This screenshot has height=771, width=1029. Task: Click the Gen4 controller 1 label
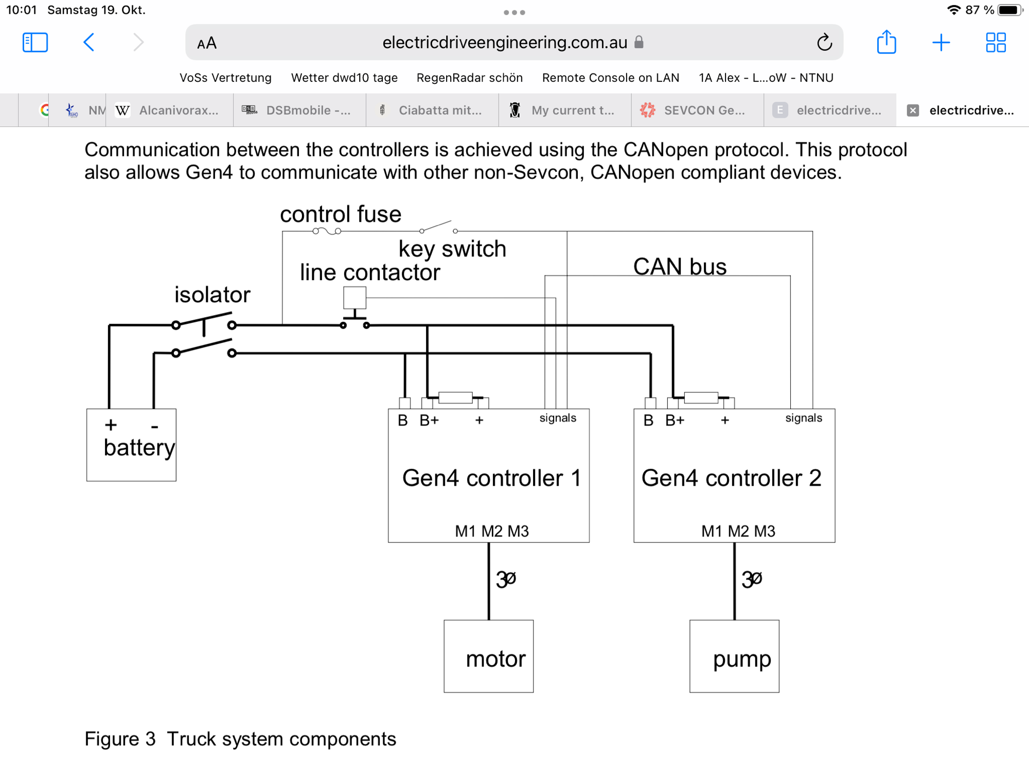tap(491, 478)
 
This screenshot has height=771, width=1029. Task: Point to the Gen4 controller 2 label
tap(731, 478)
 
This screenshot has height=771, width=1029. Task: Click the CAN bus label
tap(680, 266)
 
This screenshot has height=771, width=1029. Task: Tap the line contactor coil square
tap(354, 298)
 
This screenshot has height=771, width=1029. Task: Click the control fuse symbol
tap(327, 231)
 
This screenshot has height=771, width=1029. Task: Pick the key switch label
tap(452, 249)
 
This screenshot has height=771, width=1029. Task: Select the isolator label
tap(212, 295)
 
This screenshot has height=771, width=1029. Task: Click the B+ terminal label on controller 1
tap(429, 420)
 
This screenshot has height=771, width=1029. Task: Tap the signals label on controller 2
tap(804, 418)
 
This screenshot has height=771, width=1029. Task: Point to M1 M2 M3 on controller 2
tap(738, 531)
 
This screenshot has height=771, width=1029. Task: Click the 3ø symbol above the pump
tap(752, 579)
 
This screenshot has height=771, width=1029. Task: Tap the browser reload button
tap(824, 42)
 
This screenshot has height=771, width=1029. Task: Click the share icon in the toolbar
tap(886, 42)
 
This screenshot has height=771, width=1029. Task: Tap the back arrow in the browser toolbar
tap(89, 42)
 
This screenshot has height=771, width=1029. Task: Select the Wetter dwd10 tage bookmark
tap(344, 78)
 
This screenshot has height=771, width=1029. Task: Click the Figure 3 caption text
tap(240, 739)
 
